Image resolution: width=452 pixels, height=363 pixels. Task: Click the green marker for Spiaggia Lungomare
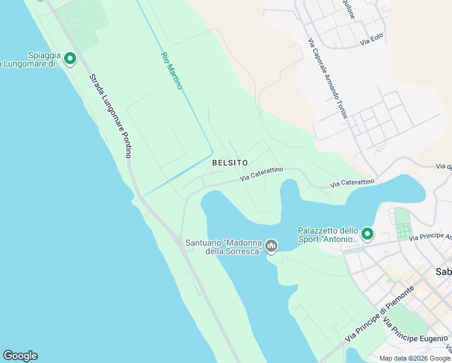(x=69, y=59)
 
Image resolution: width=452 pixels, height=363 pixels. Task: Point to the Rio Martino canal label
(x=171, y=71)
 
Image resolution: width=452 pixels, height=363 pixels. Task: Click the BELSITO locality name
(x=230, y=163)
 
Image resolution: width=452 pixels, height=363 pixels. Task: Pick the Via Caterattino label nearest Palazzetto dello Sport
(x=352, y=181)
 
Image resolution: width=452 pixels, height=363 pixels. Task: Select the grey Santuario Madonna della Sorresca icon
(x=271, y=246)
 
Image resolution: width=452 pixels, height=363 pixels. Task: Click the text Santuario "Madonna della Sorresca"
(x=224, y=247)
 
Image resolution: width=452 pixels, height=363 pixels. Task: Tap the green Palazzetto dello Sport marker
(x=367, y=234)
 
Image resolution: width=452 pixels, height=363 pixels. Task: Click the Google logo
(x=20, y=356)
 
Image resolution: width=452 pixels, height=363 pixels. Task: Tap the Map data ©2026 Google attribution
(x=415, y=358)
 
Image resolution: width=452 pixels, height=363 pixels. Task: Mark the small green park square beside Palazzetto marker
(x=402, y=231)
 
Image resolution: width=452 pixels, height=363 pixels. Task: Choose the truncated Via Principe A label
(x=430, y=237)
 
